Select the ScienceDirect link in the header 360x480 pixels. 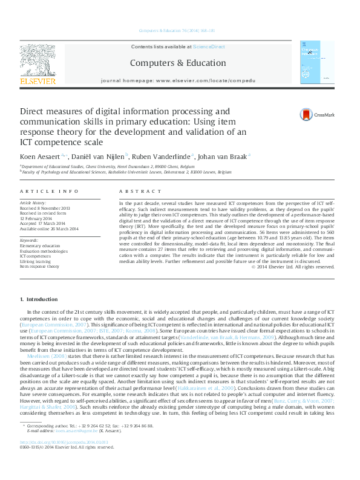pyautogui.click(x=209, y=47)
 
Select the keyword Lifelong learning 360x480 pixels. pyautogui.click(x=35, y=261)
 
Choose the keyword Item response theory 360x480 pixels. pyautogui.click(x=39, y=266)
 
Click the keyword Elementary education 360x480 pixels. pyautogui.click(x=40, y=247)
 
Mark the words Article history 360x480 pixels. pyautogui.click(x=33, y=203)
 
